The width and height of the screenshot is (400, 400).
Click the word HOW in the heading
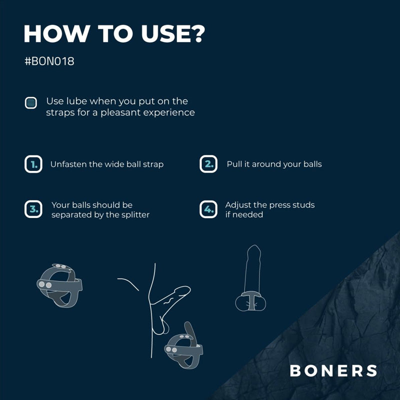[x=56, y=33]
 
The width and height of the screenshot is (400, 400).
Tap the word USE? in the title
[x=173, y=33]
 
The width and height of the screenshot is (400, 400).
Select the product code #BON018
[x=49, y=61]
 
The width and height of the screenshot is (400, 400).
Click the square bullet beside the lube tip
[x=31, y=103]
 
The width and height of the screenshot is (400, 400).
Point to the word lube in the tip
[x=76, y=101]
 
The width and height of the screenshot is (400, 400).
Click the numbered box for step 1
[x=33, y=164]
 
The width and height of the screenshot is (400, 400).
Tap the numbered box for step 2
[x=208, y=164]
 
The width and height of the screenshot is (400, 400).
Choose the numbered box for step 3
[x=33, y=209]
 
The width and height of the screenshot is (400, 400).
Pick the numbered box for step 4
[x=208, y=209]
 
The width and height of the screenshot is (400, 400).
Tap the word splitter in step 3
[x=135, y=215]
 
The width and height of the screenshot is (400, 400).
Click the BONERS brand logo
[x=333, y=370]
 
